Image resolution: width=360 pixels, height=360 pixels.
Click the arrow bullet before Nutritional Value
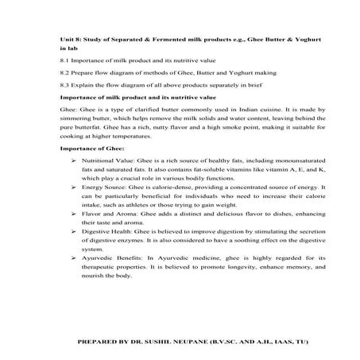73,161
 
